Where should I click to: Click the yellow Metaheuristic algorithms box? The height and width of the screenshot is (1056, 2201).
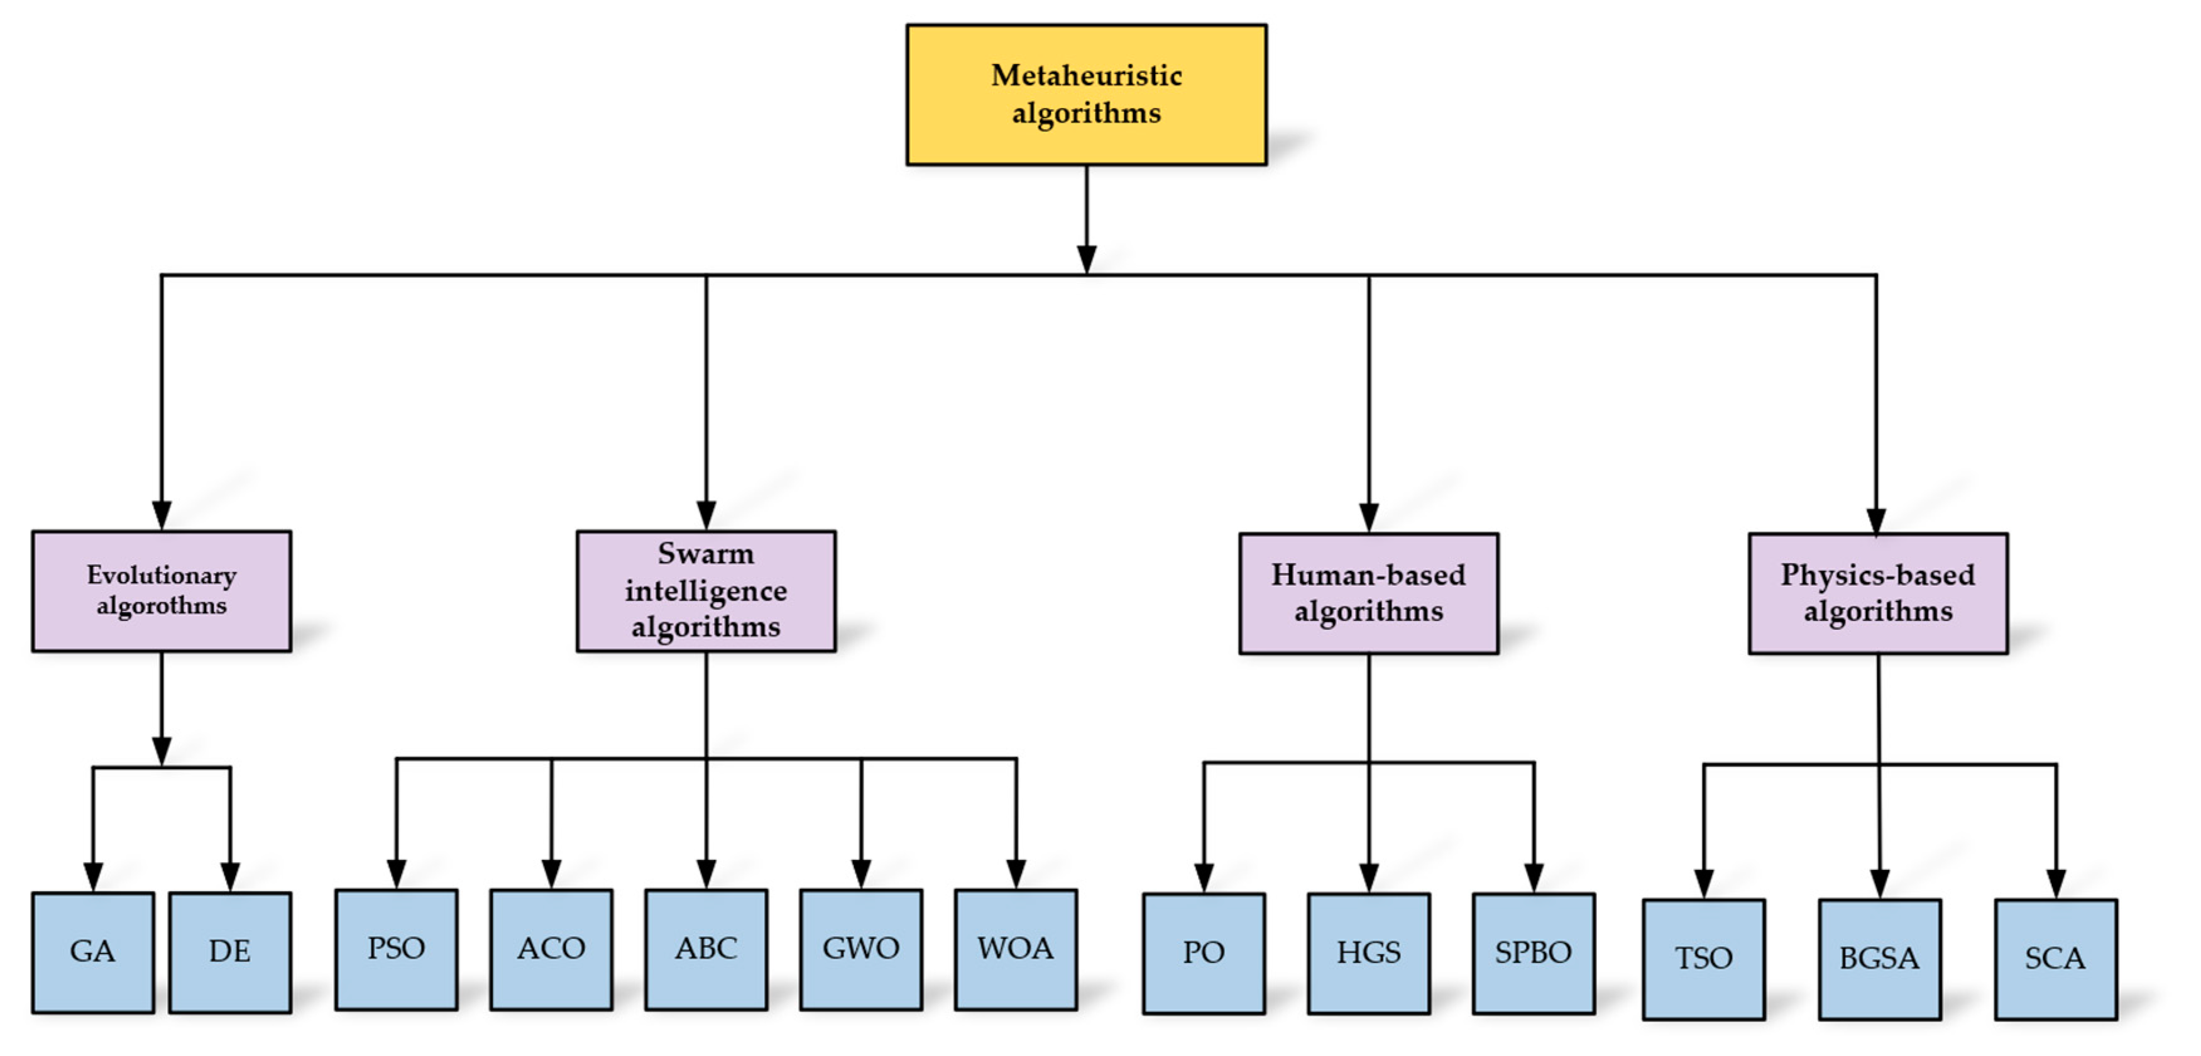[1086, 94]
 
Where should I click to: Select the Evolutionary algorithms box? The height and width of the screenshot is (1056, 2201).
[162, 590]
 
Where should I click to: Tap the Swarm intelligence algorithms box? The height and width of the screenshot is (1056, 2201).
[706, 590]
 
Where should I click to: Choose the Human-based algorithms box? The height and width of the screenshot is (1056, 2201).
[1368, 593]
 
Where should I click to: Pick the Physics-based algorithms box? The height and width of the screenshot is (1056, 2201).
[1877, 593]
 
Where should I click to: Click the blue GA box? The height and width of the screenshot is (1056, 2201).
[93, 952]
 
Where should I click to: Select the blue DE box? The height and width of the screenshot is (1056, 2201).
[230, 952]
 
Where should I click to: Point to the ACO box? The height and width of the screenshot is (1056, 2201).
[551, 949]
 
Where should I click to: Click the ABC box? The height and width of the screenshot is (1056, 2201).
[706, 949]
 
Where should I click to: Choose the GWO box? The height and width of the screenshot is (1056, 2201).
[860, 949]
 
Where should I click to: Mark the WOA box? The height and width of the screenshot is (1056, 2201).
[1015, 949]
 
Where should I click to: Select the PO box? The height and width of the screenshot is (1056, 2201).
[1203, 953]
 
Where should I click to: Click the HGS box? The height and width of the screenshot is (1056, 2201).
[1368, 953]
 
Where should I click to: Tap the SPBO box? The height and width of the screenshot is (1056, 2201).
[1533, 953]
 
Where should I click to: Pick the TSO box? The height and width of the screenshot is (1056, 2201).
[1703, 958]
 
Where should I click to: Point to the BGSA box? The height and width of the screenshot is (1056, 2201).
[1879, 958]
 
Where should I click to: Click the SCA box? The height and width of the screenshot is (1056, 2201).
[2055, 958]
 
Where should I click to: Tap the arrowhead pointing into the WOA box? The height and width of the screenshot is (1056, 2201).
[1015, 874]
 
